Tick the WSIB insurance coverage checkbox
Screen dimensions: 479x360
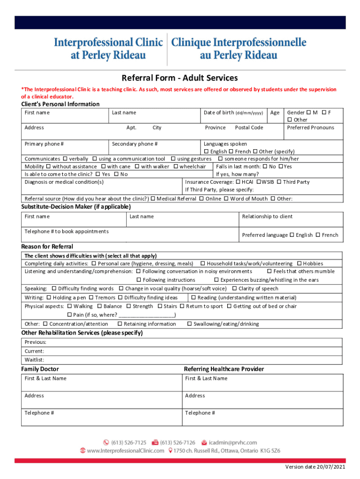[259, 182]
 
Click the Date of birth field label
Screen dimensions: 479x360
[233, 113]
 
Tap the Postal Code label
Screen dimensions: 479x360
[249, 128]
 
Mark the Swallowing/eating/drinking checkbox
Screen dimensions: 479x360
[189, 324]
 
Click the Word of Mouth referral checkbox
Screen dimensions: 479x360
[226, 199]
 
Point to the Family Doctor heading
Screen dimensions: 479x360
[40, 369]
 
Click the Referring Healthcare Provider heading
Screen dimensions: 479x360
[224, 369]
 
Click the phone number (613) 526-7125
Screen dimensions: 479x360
[129, 443]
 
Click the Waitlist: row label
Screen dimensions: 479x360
[35, 360]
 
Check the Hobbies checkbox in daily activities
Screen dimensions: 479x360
[299, 264]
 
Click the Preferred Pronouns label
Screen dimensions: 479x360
[310, 128]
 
